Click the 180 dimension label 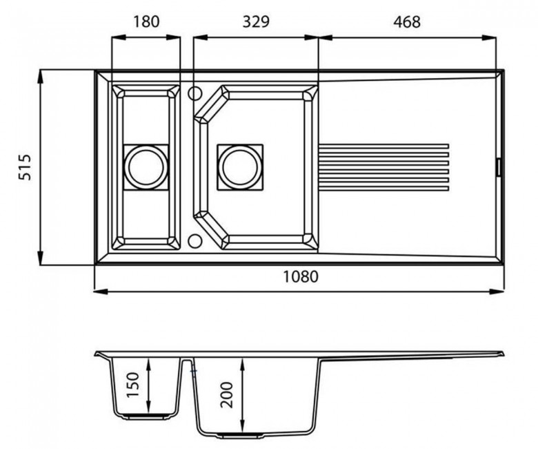coord(146,21)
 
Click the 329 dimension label coord(256,21)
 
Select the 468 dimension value coord(406,21)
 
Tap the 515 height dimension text coord(25,167)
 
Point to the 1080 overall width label coord(301,276)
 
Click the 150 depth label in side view coord(133,385)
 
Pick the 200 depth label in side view coord(227,394)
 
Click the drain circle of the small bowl coord(146,167)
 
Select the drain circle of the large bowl coord(240,167)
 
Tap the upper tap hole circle coord(195,93)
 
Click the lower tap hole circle coord(195,240)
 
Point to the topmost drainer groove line coord(383,146)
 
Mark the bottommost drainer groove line coord(383,188)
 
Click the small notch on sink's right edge coord(499,167)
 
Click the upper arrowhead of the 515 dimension coord(40,76)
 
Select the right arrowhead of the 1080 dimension coord(497,292)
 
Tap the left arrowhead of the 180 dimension coord(119,37)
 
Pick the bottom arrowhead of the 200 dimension coord(243,421)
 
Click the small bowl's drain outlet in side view coord(146,417)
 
